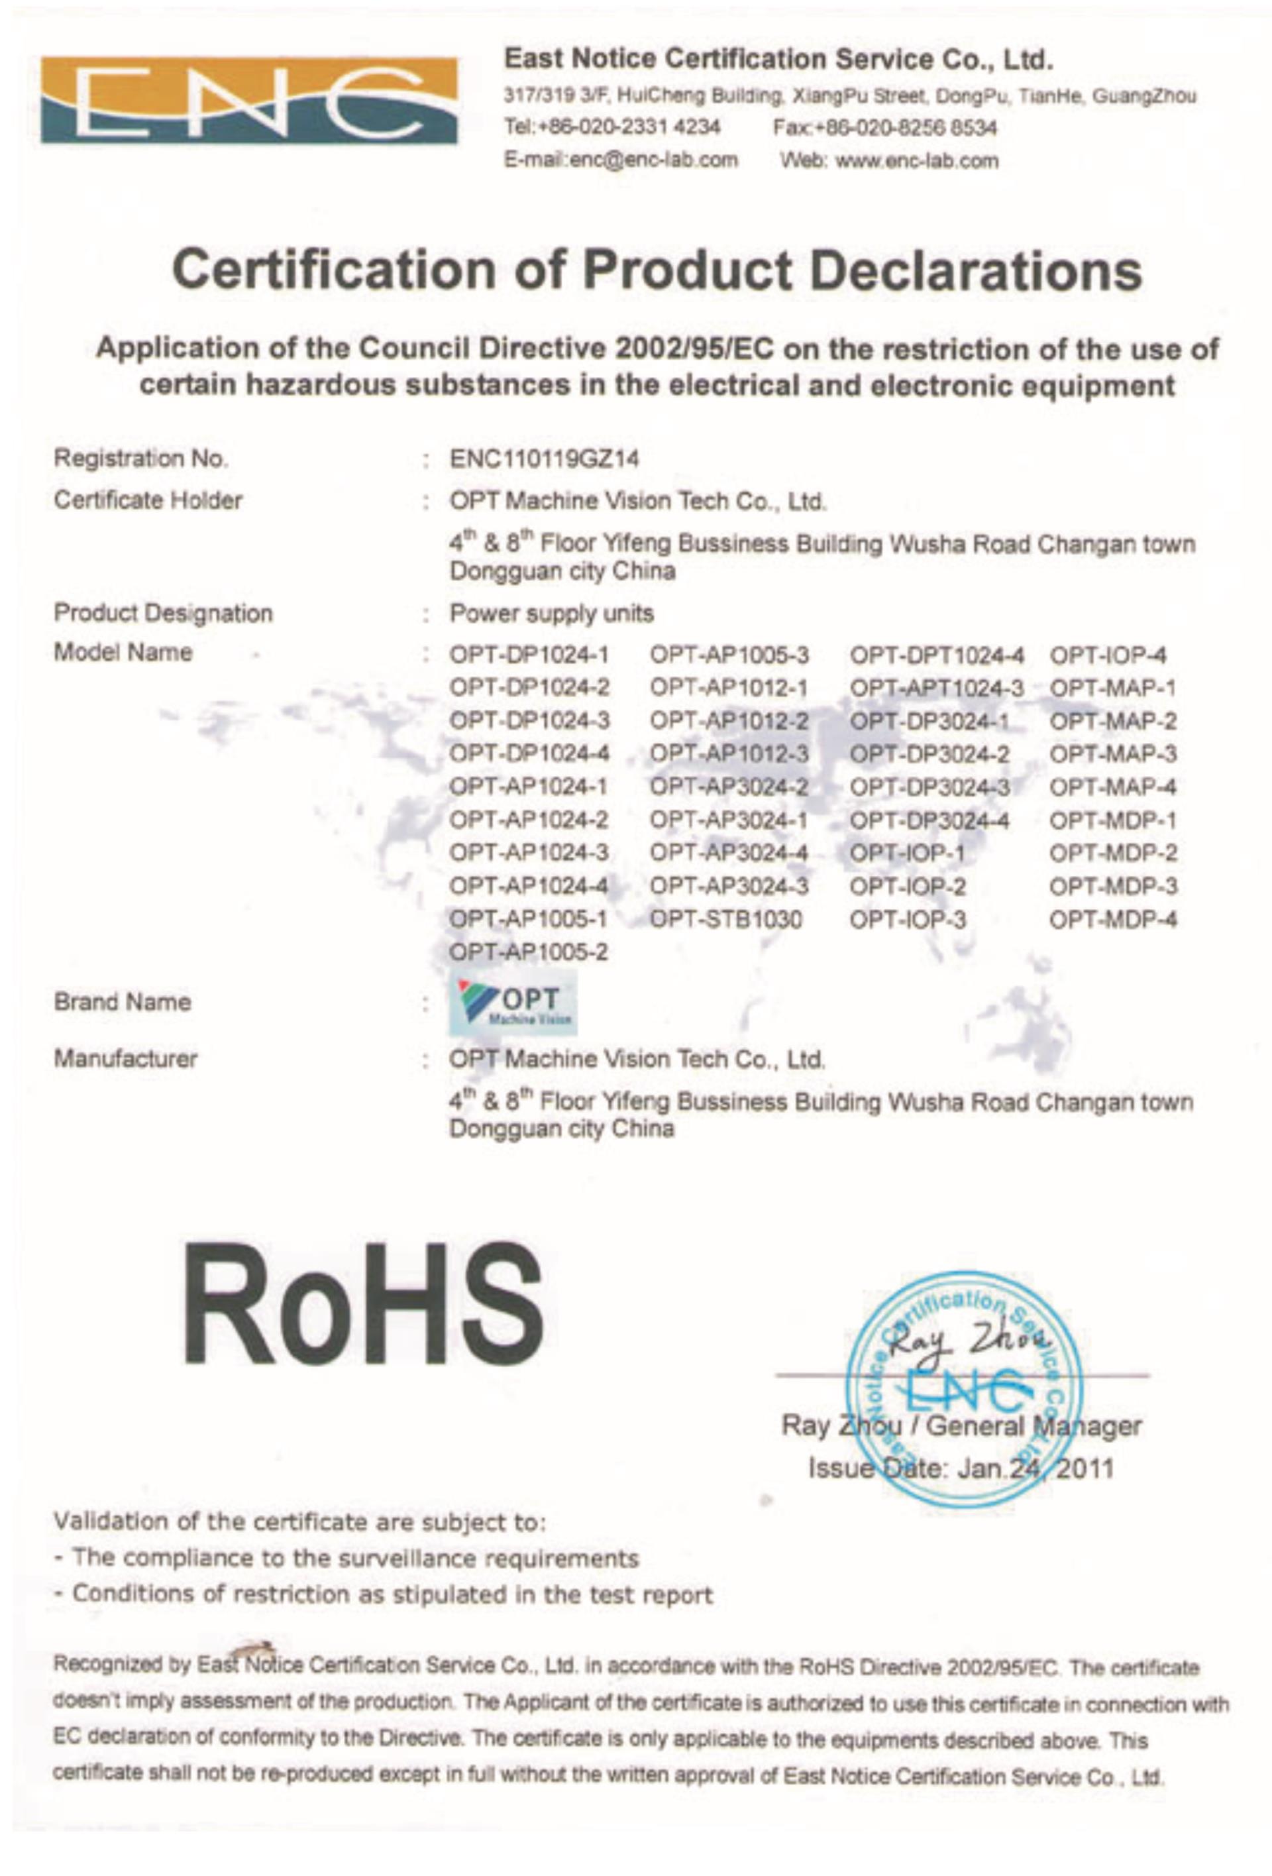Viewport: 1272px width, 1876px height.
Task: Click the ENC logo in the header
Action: point(248,100)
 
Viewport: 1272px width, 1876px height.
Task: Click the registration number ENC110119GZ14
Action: point(544,459)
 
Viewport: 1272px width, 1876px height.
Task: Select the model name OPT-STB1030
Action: point(725,919)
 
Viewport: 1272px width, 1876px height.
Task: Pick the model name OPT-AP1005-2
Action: point(529,952)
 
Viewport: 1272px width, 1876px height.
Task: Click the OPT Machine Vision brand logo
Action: point(513,1003)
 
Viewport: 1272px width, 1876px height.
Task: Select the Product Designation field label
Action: point(163,614)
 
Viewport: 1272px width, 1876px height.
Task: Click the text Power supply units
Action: point(551,614)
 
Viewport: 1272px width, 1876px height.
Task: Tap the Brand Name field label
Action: point(123,1003)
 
